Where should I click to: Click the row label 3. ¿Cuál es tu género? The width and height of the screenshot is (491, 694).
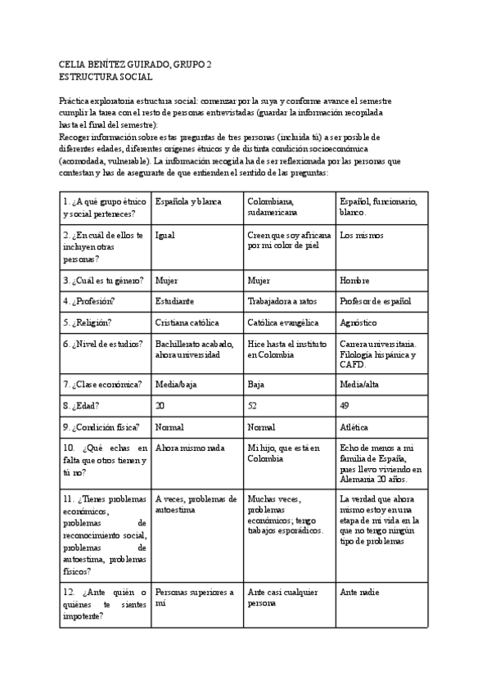(103, 280)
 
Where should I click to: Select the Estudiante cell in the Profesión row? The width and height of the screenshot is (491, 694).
(174, 301)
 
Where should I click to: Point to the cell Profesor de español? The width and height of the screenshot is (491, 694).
(375, 301)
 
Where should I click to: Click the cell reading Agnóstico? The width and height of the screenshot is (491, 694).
(360, 322)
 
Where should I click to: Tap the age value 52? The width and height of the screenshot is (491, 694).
(252, 405)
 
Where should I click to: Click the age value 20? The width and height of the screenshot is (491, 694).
(160, 405)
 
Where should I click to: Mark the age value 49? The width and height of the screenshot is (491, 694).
(345, 405)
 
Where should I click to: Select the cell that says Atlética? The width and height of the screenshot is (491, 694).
(354, 426)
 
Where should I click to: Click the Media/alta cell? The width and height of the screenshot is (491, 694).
(359, 384)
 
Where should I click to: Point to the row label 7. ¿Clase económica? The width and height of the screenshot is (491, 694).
(102, 384)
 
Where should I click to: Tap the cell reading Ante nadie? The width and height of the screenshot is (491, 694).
(359, 592)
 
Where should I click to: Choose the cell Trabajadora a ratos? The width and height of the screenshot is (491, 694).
(282, 301)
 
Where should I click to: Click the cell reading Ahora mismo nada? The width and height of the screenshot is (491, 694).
(189, 448)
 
